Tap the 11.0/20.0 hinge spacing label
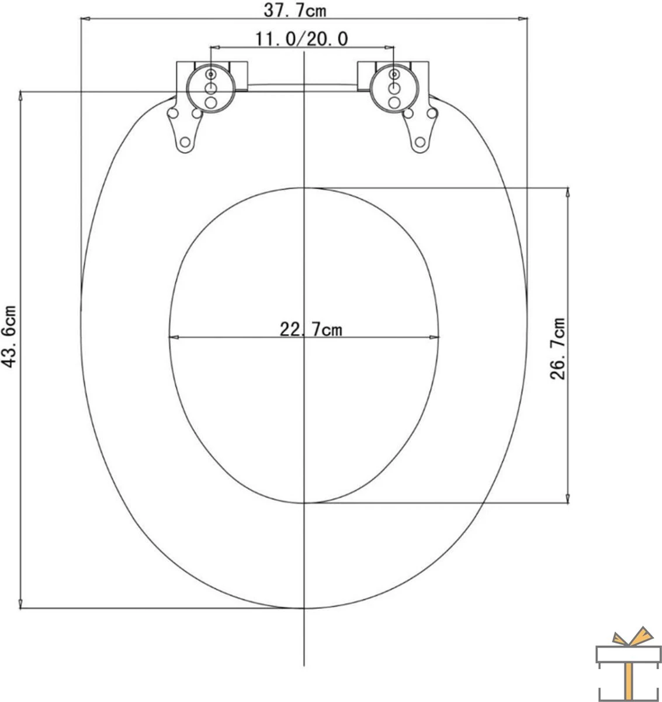tap(302, 39)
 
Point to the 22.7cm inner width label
tap(311, 330)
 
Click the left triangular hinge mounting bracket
tap(184, 130)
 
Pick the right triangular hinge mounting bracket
tap(421, 130)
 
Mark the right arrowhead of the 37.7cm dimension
tap(522, 20)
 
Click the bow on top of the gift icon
tap(625, 637)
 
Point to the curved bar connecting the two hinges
tap(303, 85)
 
